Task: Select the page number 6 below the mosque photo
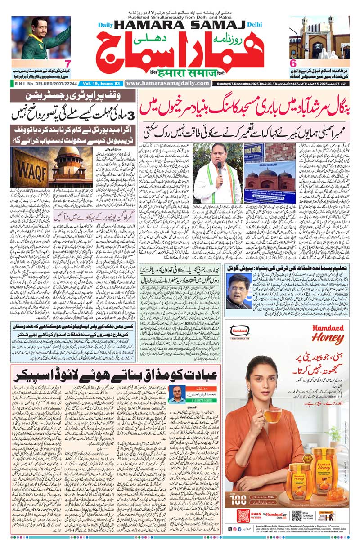(293, 64)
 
